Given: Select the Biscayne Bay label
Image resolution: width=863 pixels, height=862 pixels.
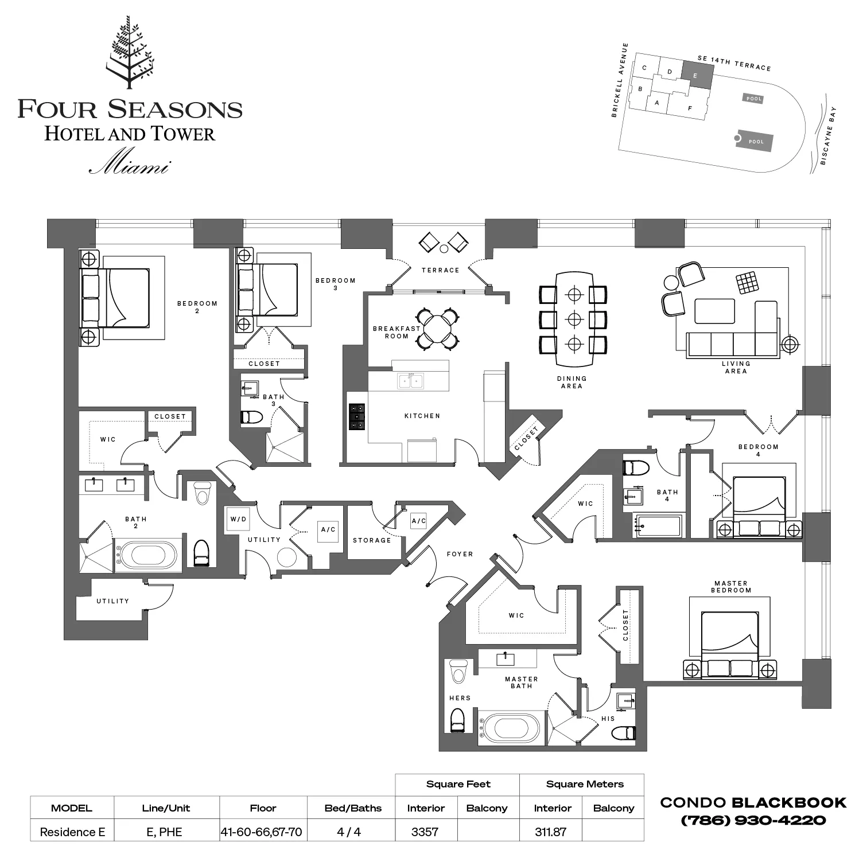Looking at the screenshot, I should coord(828,136).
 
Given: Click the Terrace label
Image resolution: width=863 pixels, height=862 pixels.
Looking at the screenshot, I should coord(440,270).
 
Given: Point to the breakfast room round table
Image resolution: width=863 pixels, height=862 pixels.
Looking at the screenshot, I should coord(438,328).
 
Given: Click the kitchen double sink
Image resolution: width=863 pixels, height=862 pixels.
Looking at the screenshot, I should coord(411,380).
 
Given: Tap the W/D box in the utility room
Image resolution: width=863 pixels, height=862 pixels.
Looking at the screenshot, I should coord(238,519).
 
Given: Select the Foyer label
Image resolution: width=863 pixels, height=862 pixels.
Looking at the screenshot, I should coord(460,554).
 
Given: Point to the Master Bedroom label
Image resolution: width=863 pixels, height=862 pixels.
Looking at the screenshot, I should coord(731,586).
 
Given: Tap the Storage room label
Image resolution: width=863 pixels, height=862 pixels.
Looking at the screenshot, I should coord(372,540).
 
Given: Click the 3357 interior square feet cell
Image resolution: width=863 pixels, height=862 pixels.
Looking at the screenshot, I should coord(425,832).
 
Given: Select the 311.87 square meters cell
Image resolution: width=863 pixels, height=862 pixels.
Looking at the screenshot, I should coord(550,832).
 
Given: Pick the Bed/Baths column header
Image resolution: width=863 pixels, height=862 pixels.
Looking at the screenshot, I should coord(353,808).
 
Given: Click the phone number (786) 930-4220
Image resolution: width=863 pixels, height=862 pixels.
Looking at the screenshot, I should coord(753,820).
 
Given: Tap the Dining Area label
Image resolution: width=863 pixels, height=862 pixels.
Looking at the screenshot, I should coord(572,382).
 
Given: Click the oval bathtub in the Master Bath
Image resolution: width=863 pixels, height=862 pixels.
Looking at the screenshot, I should coord(511,728).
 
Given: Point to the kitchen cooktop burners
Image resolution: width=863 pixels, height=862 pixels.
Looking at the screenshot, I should coord(357,417).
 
